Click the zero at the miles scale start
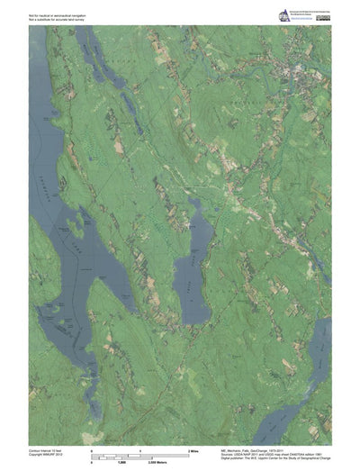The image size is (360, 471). pos(91,448)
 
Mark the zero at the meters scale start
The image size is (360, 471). pos(91,460)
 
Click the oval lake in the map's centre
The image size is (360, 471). pos(192,270)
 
